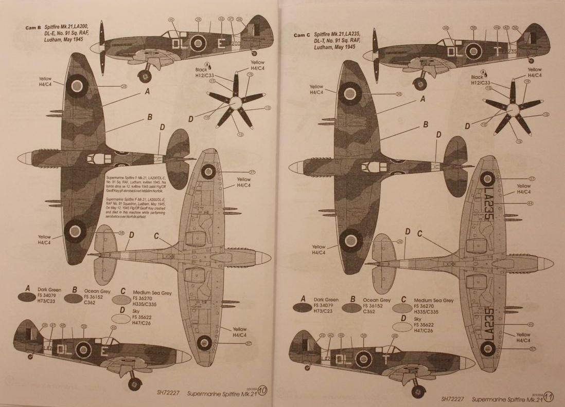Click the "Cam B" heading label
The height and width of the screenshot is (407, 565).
[x=32, y=28]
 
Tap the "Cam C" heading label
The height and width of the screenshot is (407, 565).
[x=303, y=35]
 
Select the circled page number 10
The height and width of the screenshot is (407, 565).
[x=262, y=391]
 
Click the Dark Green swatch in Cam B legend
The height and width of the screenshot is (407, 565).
[x=25, y=297]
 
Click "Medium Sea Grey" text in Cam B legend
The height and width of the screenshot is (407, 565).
[x=152, y=293]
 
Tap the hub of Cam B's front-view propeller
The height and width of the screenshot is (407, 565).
[x=234, y=103]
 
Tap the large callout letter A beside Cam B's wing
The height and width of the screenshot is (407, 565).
[x=147, y=91]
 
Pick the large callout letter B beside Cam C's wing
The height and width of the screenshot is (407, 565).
[x=426, y=124]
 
